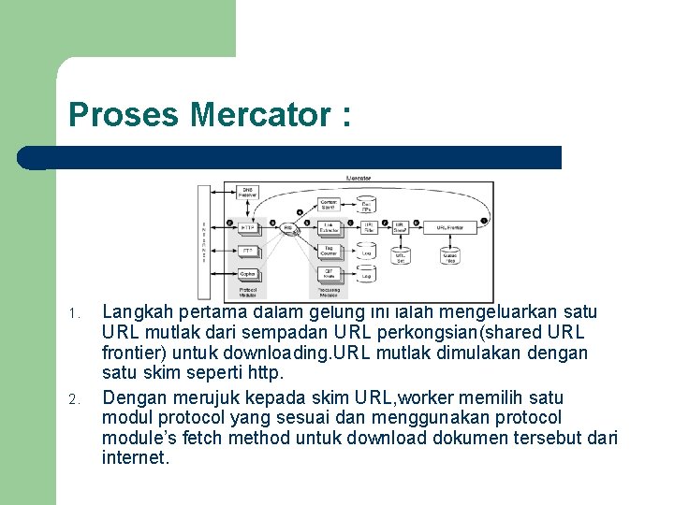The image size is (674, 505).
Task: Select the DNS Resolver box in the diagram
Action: [248, 192]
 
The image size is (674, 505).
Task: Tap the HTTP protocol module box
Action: [248, 227]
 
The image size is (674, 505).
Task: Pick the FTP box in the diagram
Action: [248, 251]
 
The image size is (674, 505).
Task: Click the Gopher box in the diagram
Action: [248, 274]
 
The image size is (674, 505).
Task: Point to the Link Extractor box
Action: [329, 227]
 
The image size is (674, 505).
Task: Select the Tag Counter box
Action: [329, 251]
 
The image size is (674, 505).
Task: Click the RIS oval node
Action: [289, 227]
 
